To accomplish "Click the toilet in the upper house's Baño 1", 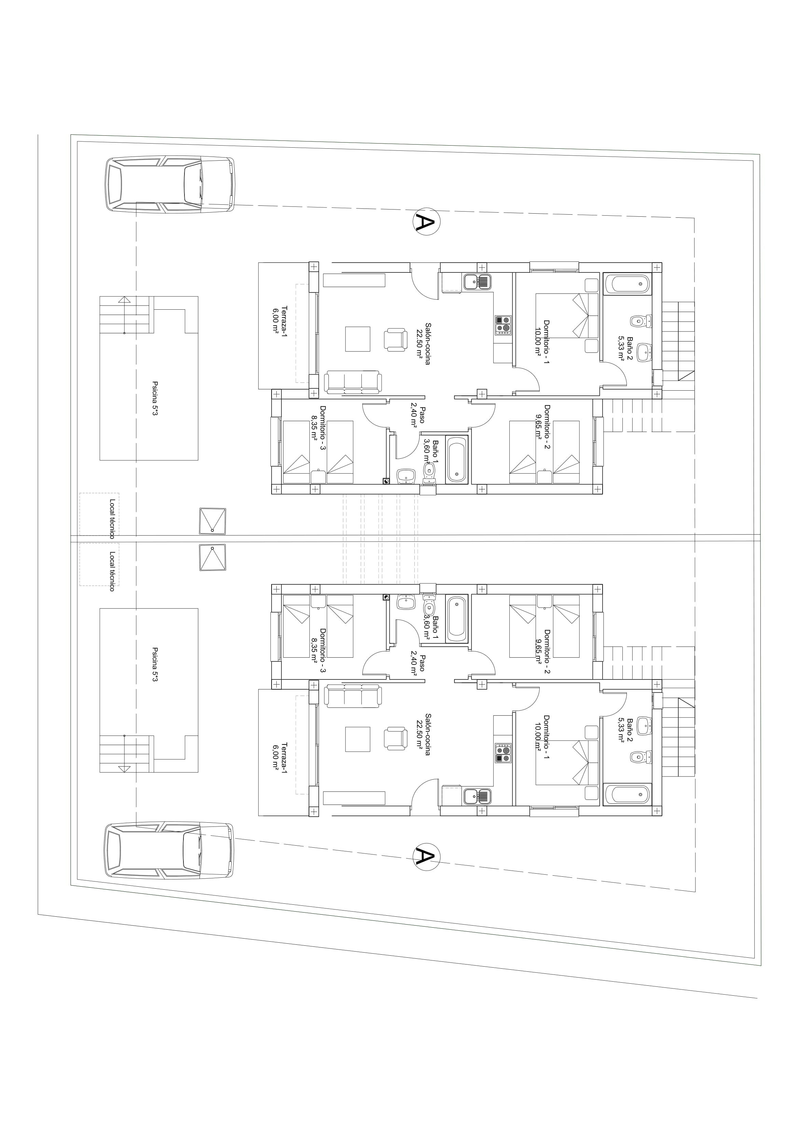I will coord(429,472).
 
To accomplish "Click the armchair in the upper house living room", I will coord(396,339).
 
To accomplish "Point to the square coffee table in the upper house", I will coord(357,339).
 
